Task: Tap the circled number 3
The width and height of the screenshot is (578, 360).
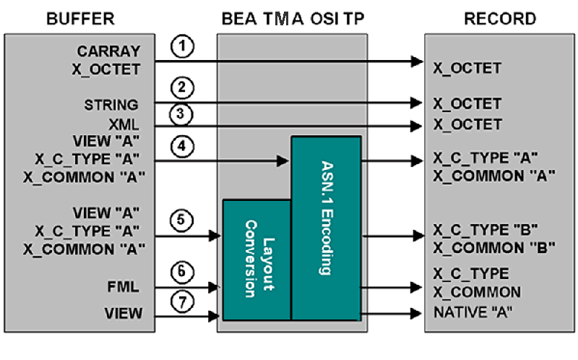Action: [184, 113]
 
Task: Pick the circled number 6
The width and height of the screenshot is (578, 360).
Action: [184, 273]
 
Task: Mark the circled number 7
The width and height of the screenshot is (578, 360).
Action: [184, 301]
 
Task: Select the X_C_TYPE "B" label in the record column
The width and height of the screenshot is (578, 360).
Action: [484, 229]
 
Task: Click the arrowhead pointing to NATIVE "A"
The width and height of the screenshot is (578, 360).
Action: [416, 313]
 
